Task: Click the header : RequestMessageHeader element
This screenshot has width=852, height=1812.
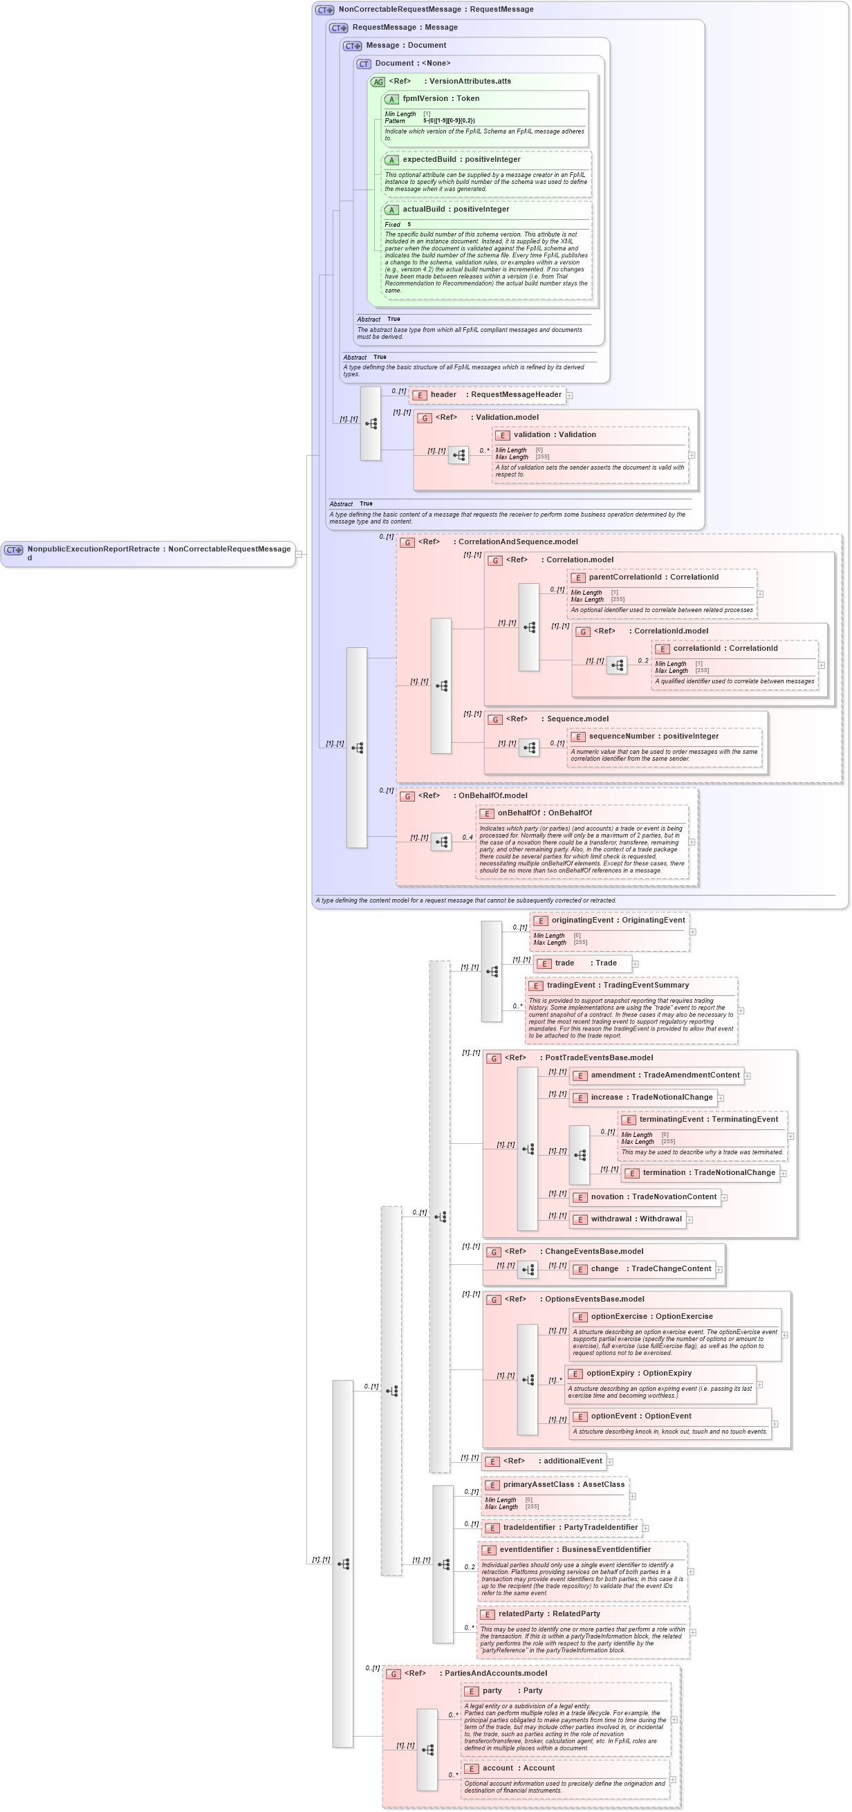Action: [495, 395]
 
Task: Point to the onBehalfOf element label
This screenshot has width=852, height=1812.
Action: [544, 813]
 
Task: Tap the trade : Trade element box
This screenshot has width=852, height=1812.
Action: [584, 963]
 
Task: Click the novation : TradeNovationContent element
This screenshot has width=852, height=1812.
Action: [653, 1196]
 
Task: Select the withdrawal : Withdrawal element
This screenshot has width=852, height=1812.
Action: [636, 1219]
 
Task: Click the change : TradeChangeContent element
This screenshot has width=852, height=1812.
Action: [650, 1269]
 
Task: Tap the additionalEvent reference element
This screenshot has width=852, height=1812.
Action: [552, 1461]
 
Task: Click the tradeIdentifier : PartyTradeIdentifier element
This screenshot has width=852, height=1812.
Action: [569, 1527]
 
